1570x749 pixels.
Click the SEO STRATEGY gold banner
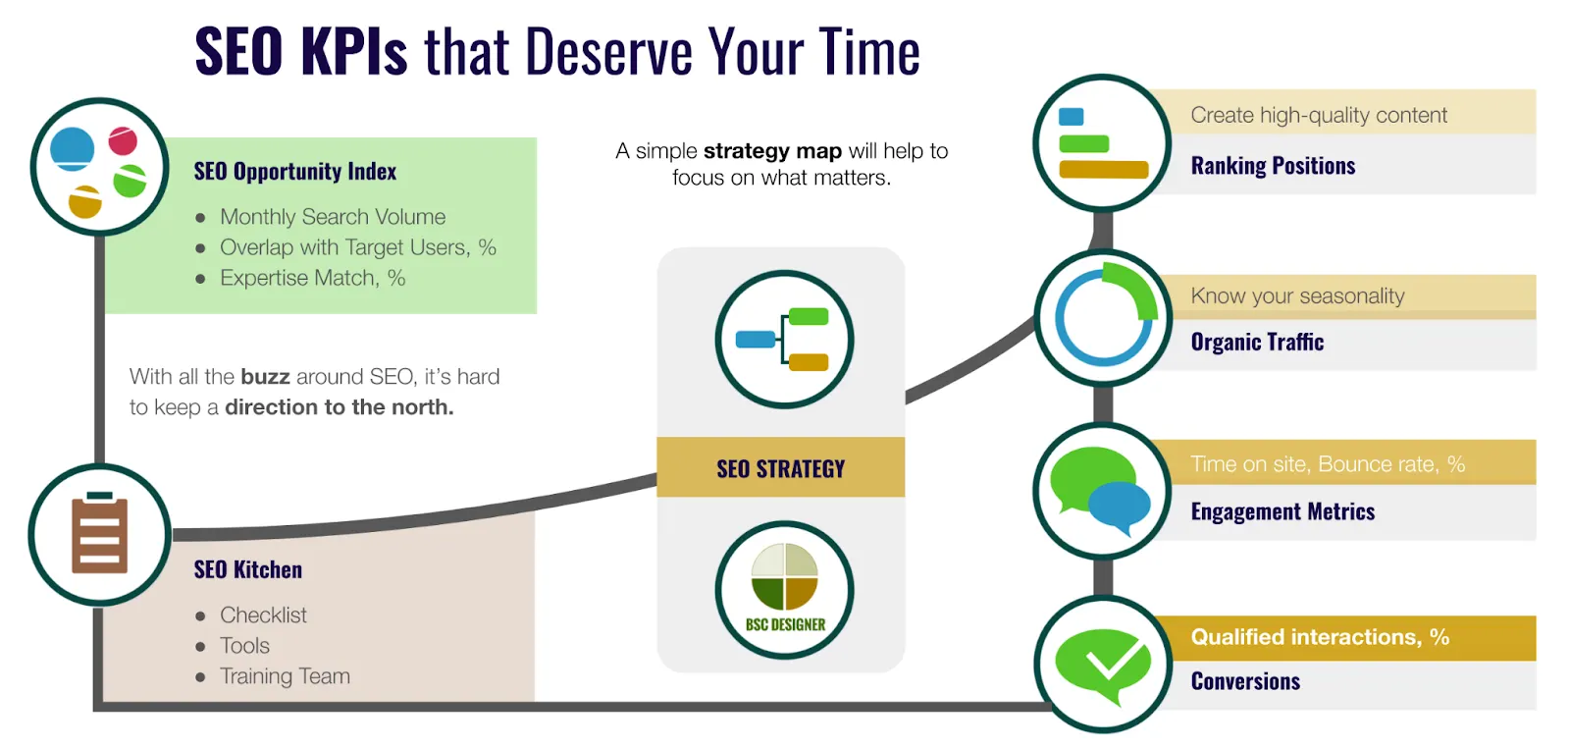coord(780,468)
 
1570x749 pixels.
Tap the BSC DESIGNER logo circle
coord(784,590)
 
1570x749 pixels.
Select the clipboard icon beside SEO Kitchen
coord(99,535)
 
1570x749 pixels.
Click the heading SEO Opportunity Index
coord(294,172)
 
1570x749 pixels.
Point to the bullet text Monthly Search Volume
coord(333,217)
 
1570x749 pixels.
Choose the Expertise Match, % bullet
coord(312,278)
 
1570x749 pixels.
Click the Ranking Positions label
coord(1273,166)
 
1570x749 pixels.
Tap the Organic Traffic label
coord(1257,342)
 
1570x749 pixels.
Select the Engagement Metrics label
coord(1282,511)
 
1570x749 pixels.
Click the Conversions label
coord(1245,681)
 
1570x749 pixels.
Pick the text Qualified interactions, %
coord(1320,637)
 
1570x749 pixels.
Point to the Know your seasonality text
coord(1297,295)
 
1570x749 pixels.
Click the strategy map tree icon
coord(784,340)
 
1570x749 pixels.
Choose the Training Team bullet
coord(285,676)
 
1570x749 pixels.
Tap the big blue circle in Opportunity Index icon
coord(72,149)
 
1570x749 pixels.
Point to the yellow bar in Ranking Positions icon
coord(1104,170)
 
